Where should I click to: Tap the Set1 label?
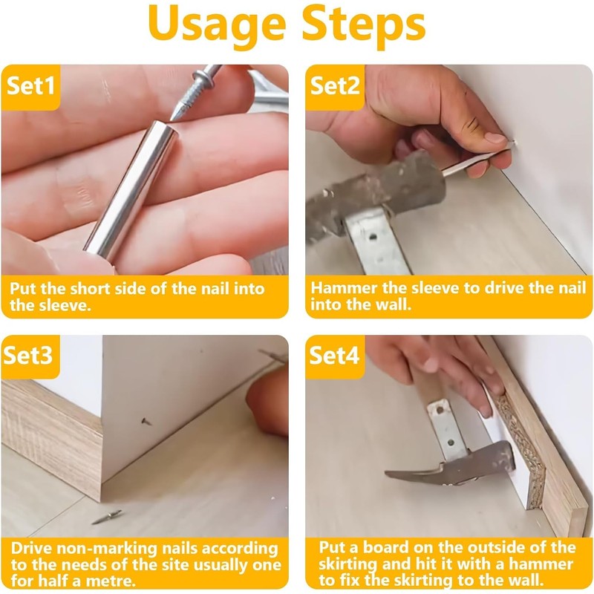[x=30, y=85]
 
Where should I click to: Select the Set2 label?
[x=335, y=85]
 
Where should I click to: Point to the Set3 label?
[x=28, y=356]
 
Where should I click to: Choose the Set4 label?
[x=334, y=356]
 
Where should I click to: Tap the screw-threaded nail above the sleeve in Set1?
[x=195, y=91]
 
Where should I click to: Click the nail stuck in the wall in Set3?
[x=146, y=421]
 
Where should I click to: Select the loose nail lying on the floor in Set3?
[x=107, y=517]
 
